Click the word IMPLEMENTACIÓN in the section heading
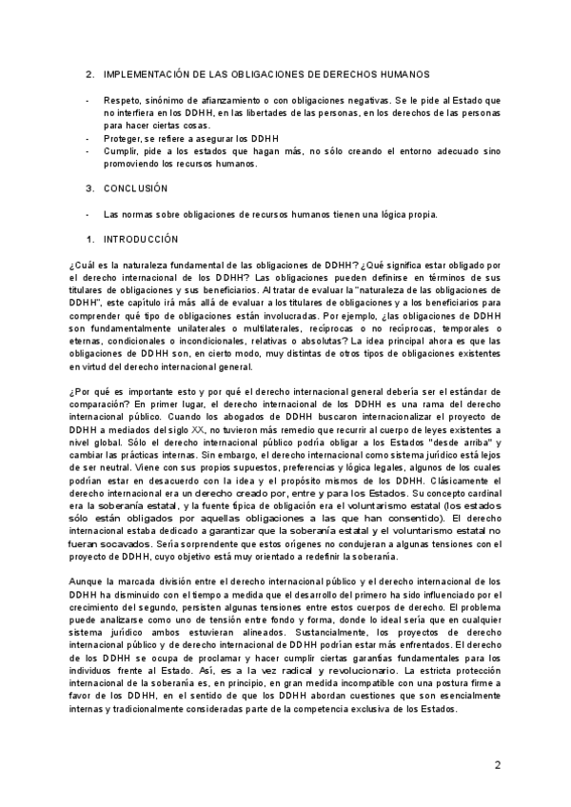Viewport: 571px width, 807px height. (145, 74)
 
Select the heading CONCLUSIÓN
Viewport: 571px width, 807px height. (135, 188)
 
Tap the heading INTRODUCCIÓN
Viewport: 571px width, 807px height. (140, 238)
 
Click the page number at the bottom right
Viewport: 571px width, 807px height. (497, 766)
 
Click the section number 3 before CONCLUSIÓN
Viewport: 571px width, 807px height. (89, 188)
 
